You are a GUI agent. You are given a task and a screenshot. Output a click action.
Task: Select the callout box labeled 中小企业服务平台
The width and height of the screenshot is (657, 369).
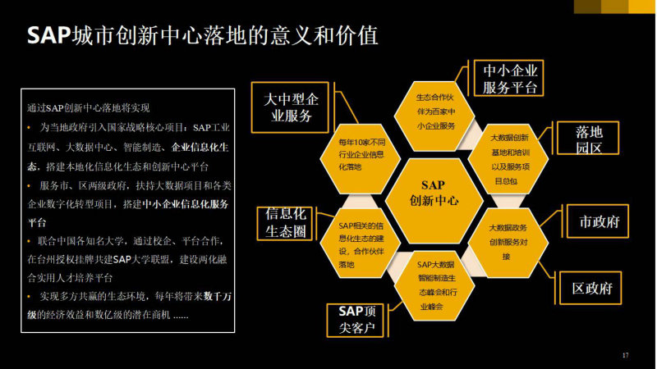[508, 78]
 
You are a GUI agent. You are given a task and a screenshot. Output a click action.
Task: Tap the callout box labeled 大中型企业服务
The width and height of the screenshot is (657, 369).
[290, 107]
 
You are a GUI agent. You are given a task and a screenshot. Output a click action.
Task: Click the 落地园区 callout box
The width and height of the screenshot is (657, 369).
[588, 138]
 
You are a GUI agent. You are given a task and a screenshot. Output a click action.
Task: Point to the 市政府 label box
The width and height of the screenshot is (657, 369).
[598, 221]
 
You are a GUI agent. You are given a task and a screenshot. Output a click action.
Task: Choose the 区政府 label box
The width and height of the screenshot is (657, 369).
[590, 288]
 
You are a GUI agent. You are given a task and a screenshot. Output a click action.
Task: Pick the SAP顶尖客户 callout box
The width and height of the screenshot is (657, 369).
[356, 320]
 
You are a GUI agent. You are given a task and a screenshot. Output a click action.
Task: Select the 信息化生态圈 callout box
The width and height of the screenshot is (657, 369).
[285, 223]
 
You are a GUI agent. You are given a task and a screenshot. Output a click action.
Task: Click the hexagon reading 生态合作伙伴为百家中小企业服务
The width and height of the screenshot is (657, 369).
[434, 116]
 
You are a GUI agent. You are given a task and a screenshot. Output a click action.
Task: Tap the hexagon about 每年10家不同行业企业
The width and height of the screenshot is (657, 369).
[361, 158]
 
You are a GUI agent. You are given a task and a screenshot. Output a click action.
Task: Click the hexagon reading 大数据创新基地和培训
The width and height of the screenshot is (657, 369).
[508, 159]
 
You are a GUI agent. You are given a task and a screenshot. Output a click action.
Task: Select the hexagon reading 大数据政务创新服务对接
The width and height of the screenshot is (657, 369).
[508, 243]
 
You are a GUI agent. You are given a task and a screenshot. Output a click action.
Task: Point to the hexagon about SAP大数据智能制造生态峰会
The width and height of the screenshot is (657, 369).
[434, 285]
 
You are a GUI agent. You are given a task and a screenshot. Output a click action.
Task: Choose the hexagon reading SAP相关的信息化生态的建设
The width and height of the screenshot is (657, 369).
[361, 243]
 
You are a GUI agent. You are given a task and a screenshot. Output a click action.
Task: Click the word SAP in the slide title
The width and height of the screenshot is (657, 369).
[48, 35]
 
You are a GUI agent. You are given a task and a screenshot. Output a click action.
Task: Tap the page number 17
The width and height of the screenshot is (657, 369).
[625, 355]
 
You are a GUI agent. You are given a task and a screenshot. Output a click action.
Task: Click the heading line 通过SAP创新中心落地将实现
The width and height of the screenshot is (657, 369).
[89, 108]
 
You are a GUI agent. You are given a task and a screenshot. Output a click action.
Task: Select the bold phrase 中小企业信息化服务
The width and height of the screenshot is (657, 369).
[185, 204]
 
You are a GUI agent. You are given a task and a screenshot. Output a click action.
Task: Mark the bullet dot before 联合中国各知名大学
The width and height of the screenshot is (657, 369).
[29, 241]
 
